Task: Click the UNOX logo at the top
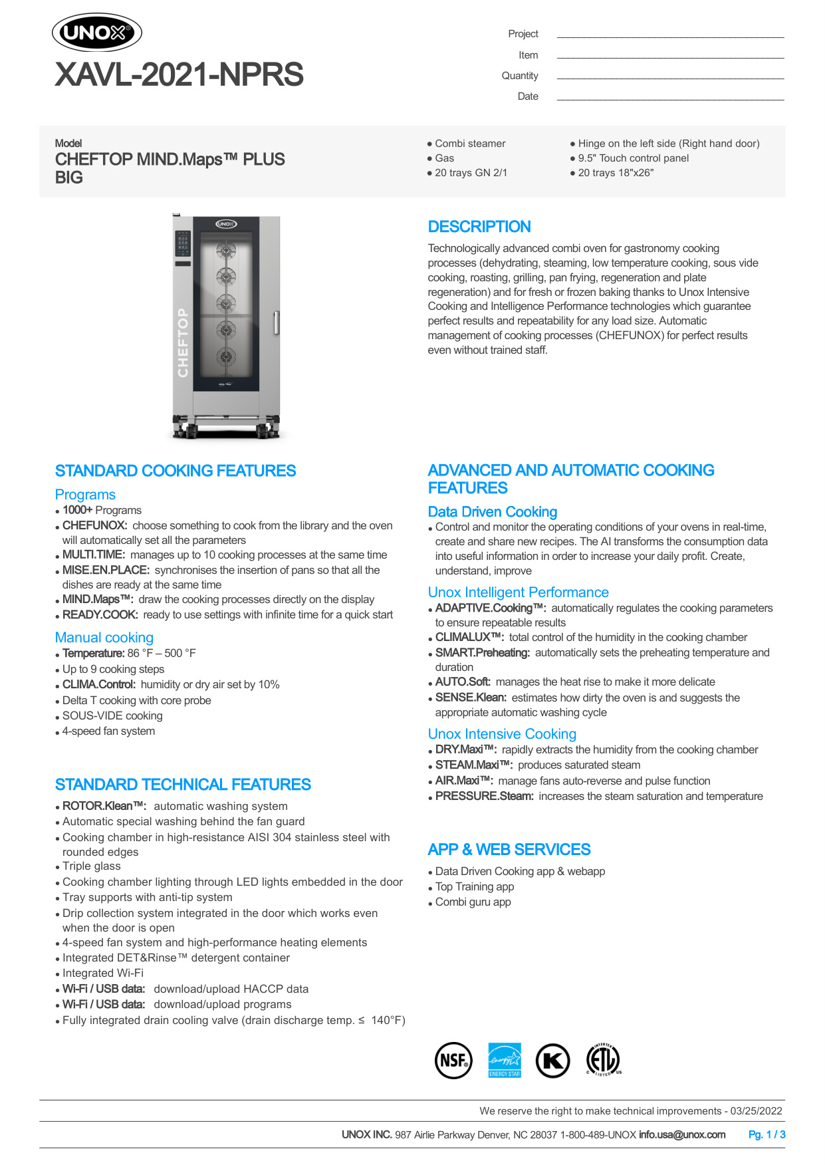97,33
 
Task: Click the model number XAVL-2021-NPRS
179,74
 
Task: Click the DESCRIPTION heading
479,227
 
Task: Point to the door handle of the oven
276,323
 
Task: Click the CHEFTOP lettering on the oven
183,343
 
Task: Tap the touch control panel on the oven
183,244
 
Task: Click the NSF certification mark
453,1060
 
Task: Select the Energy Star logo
505,1060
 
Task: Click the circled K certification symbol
553,1060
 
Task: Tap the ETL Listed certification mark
604,1060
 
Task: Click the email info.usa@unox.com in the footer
681,1134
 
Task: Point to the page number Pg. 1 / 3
766,1134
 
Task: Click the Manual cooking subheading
104,637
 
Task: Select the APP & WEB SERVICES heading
509,849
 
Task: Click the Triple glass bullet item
92,866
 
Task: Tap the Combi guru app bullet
473,902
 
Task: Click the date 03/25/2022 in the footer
756,1110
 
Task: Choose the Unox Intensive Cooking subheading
502,733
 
